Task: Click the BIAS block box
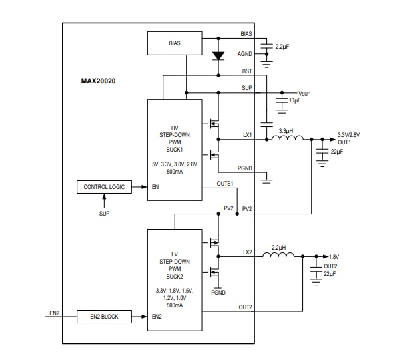tap(174, 44)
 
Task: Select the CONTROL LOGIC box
tap(104, 187)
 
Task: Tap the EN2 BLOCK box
tap(104, 316)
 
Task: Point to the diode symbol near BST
tap(217, 55)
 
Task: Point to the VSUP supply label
tap(304, 93)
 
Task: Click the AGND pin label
tap(245, 55)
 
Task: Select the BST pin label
tap(247, 71)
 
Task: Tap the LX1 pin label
tap(247, 135)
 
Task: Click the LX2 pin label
tap(247, 252)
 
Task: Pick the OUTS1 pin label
tap(224, 184)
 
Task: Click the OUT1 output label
tap(344, 142)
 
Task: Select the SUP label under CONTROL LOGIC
tap(104, 214)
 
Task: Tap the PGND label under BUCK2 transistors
tap(218, 292)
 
